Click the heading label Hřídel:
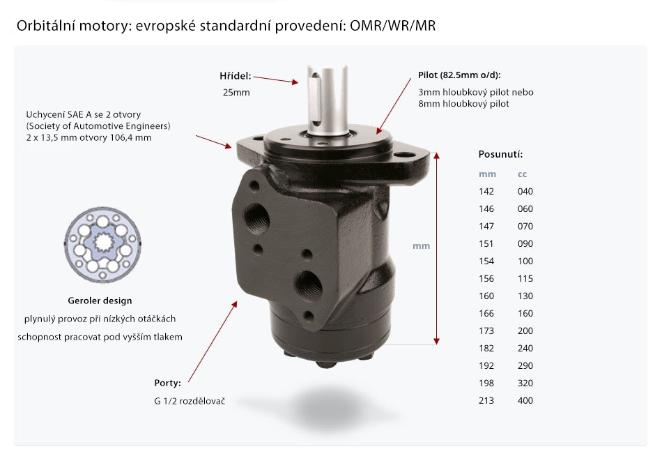click(235, 76)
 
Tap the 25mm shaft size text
click(236, 93)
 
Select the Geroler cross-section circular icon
click(102, 245)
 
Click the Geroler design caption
click(100, 301)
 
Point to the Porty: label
click(168, 383)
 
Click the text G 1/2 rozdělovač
click(190, 401)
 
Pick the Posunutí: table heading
click(500, 154)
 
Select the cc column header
click(522, 174)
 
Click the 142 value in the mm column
click(486, 192)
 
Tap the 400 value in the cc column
click(525, 401)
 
